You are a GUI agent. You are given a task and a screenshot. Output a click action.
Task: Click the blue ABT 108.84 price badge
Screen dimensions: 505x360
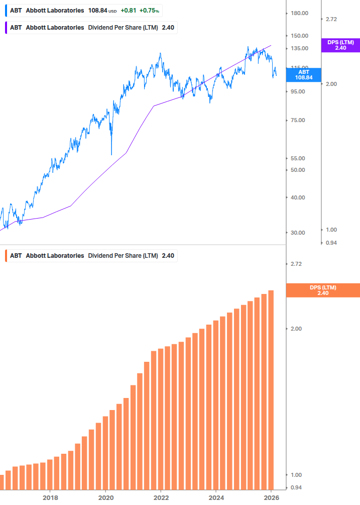click(305, 75)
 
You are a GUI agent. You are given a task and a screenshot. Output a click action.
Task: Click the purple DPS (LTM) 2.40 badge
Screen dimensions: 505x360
click(340, 45)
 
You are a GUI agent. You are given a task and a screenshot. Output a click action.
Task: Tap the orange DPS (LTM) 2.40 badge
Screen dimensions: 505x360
click(322, 290)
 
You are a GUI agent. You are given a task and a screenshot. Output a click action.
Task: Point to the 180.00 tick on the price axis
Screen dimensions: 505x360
click(299, 13)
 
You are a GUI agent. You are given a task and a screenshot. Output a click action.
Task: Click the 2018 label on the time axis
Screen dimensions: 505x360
click(50, 498)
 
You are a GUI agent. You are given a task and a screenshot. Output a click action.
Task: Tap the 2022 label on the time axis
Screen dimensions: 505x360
click(161, 498)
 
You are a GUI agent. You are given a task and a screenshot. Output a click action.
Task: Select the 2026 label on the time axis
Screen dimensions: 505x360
click(271, 498)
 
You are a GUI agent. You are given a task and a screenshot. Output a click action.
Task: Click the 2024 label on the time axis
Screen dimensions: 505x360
click(216, 498)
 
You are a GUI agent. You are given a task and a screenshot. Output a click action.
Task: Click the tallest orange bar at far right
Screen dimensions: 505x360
click(271, 389)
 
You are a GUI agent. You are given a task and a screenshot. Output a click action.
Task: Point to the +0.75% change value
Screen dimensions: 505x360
click(149, 11)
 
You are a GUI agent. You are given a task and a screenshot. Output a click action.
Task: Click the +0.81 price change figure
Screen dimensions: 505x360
click(129, 11)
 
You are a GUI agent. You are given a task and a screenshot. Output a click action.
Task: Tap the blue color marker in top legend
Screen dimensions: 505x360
click(6, 11)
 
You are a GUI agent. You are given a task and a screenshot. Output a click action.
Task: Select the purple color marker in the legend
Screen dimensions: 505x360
click(6, 28)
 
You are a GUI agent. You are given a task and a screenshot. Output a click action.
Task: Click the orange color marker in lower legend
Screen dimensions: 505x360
click(6, 256)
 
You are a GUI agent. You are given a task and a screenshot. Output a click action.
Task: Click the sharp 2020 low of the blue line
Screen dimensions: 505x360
click(111, 154)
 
